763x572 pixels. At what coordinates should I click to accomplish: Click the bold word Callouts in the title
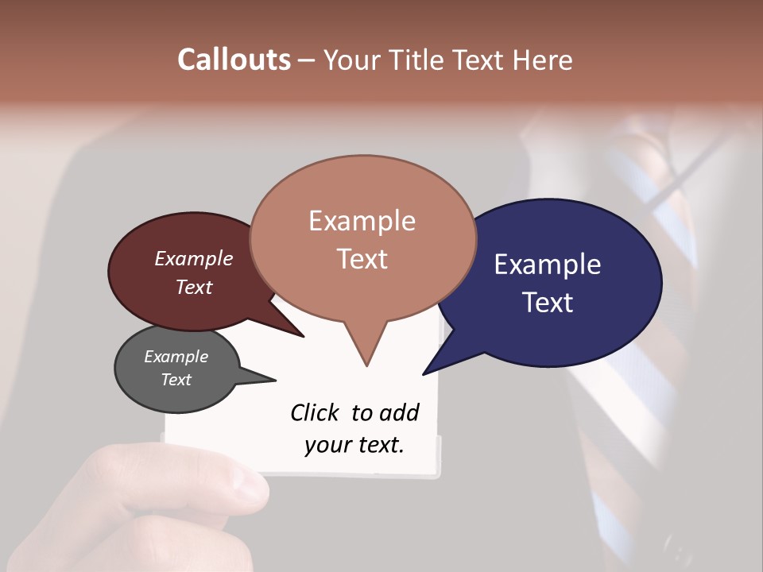click(234, 60)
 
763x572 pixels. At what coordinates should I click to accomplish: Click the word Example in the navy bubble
click(548, 265)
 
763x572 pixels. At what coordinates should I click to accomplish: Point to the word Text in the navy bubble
click(548, 303)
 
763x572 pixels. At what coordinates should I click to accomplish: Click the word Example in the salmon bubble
click(362, 221)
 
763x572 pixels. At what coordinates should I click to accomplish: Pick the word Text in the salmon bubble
click(362, 259)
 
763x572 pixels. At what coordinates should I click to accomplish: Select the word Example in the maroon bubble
click(194, 258)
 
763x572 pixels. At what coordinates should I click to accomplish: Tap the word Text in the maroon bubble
click(194, 287)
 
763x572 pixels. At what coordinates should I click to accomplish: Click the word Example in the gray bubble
click(176, 357)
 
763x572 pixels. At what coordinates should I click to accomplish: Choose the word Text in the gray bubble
click(176, 380)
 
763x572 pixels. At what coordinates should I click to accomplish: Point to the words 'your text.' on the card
click(354, 445)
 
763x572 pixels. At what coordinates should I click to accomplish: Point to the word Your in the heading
click(351, 60)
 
